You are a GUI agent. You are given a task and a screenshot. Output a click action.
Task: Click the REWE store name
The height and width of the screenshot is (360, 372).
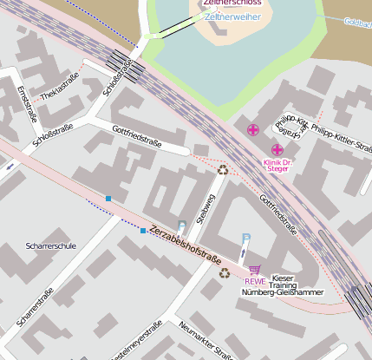pos(254,281)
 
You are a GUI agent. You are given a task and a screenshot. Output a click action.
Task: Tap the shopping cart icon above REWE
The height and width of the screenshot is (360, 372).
pos(254,270)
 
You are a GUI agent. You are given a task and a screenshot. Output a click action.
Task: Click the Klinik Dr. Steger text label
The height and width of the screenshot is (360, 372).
pos(277,165)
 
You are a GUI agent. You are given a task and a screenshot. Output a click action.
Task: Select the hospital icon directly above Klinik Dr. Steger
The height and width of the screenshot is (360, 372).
pos(277,149)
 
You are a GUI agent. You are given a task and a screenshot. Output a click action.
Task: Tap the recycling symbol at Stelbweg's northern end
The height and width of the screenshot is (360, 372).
pos(223,170)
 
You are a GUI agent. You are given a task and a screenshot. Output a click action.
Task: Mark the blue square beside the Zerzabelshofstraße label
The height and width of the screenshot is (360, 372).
pos(143,231)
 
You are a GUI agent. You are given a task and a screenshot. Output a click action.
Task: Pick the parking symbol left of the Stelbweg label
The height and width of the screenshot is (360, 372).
pos(181,226)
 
